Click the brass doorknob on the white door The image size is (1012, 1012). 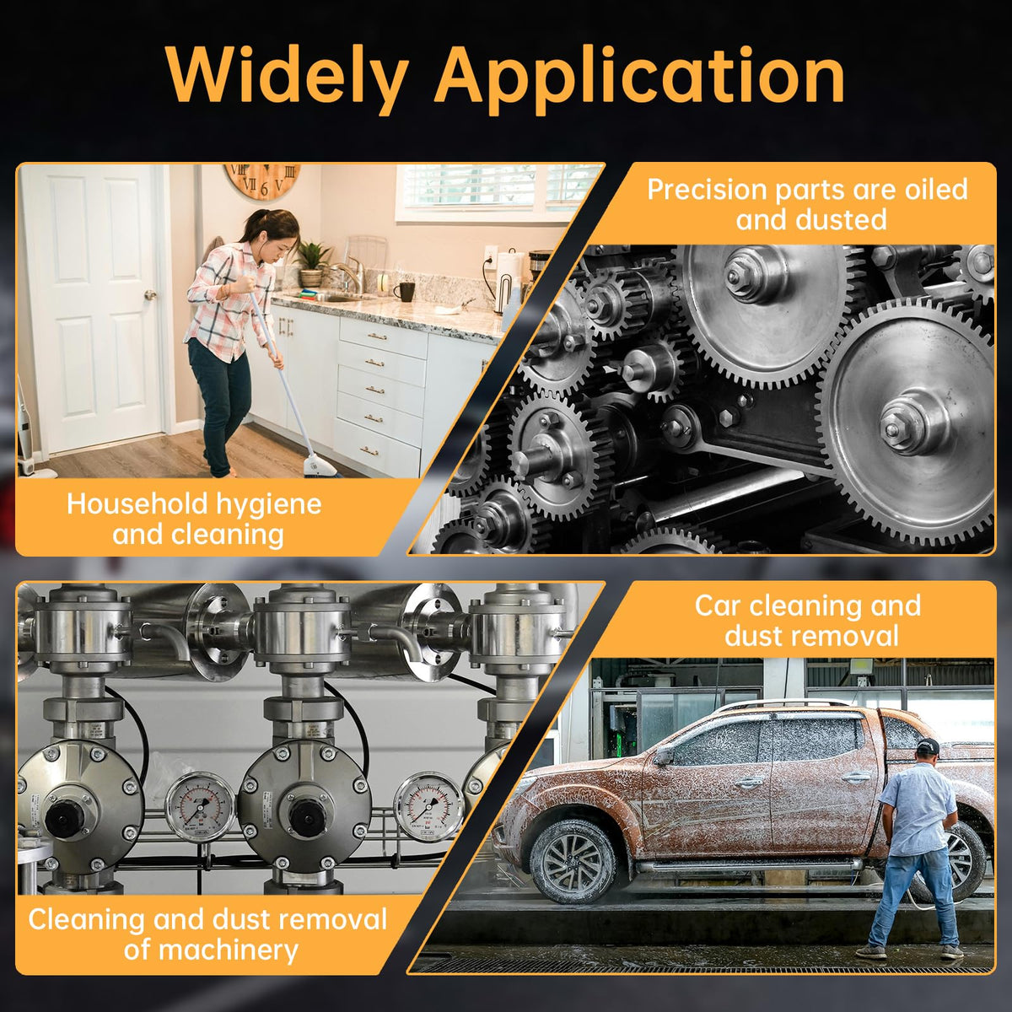(x=150, y=294)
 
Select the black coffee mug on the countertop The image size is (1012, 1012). (x=404, y=291)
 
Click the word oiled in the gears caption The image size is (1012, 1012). (x=935, y=189)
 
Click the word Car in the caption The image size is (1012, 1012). (x=719, y=605)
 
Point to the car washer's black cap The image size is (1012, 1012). (x=928, y=744)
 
